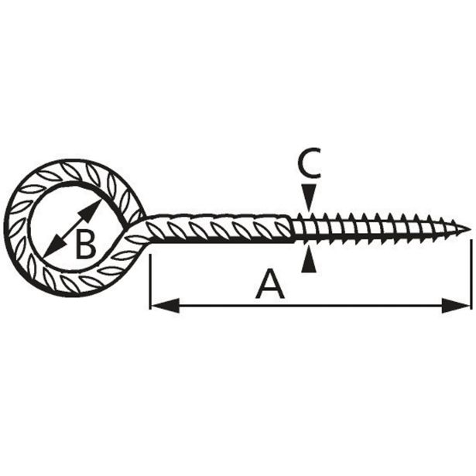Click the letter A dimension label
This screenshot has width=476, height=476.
[x=270, y=284]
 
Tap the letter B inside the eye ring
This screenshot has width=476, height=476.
[x=85, y=245]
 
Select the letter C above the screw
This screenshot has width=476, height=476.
[x=309, y=163]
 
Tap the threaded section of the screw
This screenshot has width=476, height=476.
[x=372, y=228]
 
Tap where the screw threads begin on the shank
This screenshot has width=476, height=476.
[x=295, y=229]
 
